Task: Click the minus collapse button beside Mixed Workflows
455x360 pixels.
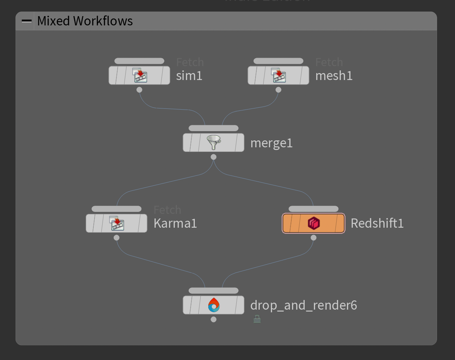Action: click(x=27, y=21)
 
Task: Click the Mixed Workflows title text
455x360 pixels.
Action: click(x=85, y=21)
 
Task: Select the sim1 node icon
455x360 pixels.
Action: click(x=139, y=75)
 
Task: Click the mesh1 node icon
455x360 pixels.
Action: click(x=279, y=75)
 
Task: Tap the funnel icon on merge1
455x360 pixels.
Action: click(x=214, y=143)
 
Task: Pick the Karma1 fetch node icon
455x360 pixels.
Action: click(x=116, y=223)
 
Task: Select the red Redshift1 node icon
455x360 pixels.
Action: click(x=314, y=223)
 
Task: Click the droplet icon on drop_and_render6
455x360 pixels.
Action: click(x=214, y=305)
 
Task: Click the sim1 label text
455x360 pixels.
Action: click(x=189, y=76)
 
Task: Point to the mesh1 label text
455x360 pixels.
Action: click(x=334, y=76)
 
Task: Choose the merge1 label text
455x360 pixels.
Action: click(x=271, y=143)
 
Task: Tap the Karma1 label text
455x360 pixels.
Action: click(x=175, y=223)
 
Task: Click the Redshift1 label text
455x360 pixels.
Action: click(x=377, y=223)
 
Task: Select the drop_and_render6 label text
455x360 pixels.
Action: click(x=304, y=305)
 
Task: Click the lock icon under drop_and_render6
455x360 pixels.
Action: click(x=257, y=319)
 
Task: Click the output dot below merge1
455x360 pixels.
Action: click(x=214, y=157)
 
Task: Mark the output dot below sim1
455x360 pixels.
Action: click(x=139, y=90)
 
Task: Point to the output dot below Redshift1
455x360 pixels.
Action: click(x=314, y=238)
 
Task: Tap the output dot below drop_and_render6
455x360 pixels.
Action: click(x=214, y=319)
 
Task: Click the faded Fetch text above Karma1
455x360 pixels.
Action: click(x=167, y=210)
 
